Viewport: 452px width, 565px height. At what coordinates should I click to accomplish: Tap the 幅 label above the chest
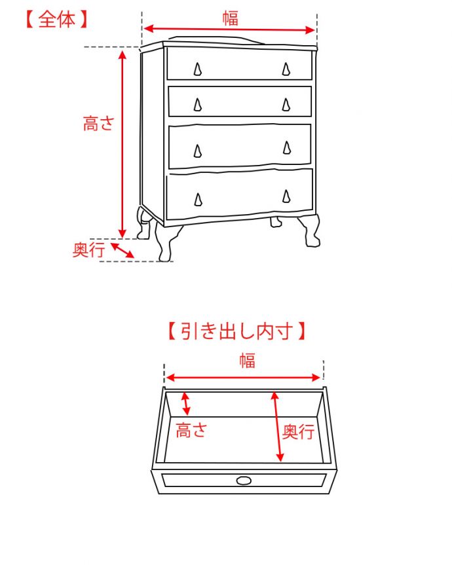[230, 18]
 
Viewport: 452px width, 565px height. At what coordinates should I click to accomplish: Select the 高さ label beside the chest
[99, 123]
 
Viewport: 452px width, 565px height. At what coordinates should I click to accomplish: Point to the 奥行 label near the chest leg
[88, 249]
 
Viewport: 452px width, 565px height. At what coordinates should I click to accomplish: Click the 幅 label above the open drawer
[246, 360]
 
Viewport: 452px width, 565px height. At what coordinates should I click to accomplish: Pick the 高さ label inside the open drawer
[191, 430]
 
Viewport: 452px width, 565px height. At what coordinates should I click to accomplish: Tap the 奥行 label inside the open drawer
[298, 431]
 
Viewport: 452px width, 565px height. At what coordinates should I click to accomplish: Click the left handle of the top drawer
[198, 69]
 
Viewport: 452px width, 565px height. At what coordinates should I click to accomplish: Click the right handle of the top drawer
[286, 69]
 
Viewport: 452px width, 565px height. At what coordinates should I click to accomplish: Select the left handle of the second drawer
[198, 105]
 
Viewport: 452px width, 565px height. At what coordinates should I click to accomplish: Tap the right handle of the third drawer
[287, 148]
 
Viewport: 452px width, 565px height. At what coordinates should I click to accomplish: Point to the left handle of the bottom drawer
[198, 199]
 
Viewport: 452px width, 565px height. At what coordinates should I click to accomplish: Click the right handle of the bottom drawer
[286, 196]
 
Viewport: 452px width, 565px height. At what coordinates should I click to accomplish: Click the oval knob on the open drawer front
[244, 481]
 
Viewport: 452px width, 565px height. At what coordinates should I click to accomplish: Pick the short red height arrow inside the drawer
[186, 403]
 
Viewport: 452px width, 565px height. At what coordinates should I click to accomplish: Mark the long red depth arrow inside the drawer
[278, 426]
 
